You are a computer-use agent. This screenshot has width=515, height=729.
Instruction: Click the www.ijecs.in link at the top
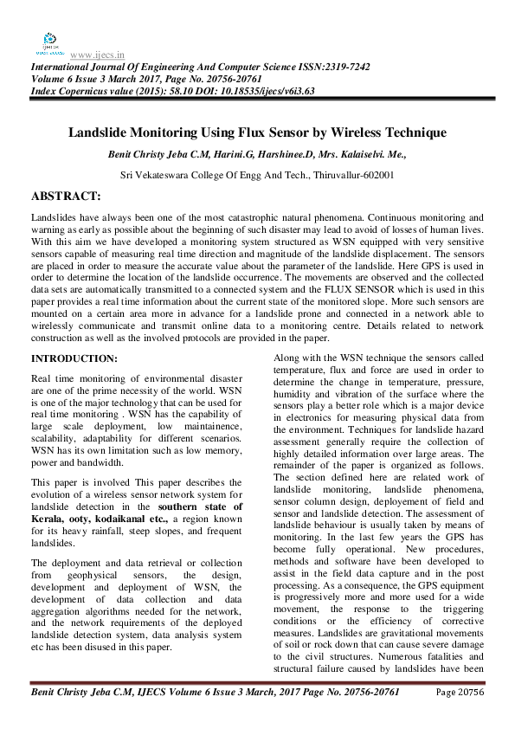tap(94, 54)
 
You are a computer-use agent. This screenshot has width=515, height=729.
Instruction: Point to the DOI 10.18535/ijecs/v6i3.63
tap(250, 90)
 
